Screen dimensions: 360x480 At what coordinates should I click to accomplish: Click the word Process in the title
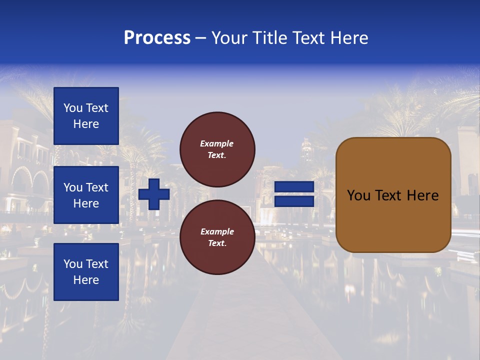tap(157, 38)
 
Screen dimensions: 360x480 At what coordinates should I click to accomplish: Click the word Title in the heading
tap(266, 38)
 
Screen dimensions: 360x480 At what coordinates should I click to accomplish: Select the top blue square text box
tap(86, 116)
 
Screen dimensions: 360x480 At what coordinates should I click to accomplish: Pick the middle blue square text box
tap(86, 195)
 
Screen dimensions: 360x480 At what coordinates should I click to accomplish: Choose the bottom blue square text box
tap(86, 271)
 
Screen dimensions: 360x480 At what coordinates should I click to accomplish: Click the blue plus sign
tap(153, 194)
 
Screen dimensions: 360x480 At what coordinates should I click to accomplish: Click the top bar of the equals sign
tap(294, 187)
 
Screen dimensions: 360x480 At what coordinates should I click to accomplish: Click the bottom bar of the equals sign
tap(294, 201)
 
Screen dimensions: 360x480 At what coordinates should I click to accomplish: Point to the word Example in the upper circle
tap(217, 143)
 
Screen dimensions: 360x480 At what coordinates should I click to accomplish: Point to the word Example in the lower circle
tap(217, 231)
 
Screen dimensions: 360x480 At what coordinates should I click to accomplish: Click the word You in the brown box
tap(358, 195)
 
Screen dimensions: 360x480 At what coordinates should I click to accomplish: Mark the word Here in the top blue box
tap(86, 124)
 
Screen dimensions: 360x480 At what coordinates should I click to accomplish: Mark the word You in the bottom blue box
tap(73, 264)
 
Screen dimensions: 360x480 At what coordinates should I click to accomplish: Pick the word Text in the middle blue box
tap(97, 187)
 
